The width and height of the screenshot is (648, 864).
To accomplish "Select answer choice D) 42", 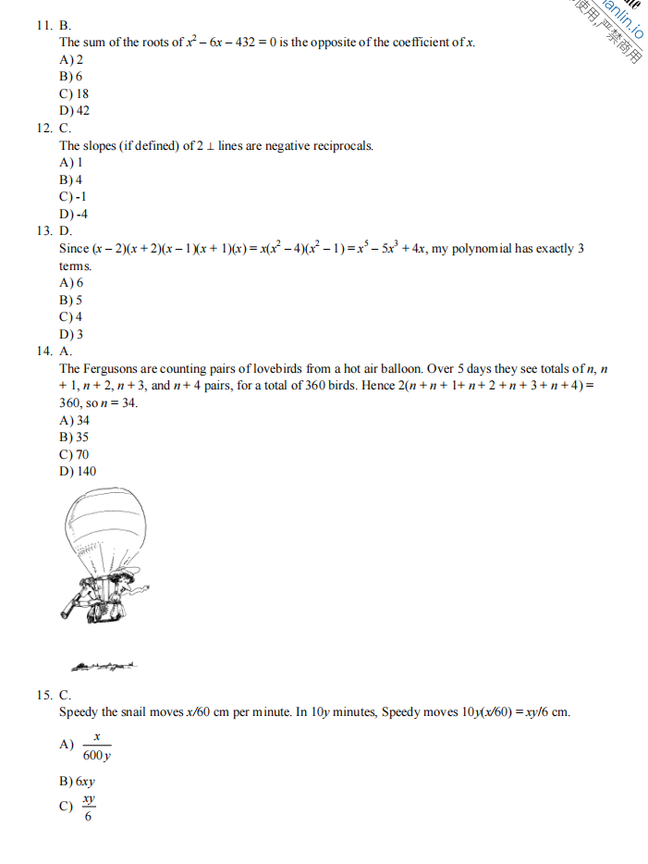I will pyautogui.click(x=75, y=111).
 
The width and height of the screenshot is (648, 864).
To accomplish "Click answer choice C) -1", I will pyautogui.click(x=73, y=197).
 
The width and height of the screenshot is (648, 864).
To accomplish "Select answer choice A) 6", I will pyautogui.click(x=71, y=283).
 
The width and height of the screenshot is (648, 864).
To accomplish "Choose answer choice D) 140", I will pyautogui.click(x=78, y=472).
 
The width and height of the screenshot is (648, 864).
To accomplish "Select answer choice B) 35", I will pyautogui.click(x=74, y=438).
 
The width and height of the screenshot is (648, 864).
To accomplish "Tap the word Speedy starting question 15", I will pyautogui.click(x=79, y=712).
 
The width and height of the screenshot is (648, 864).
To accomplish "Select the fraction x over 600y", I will pyautogui.click(x=96, y=746).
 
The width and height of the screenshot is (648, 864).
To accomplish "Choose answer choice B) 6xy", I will pyautogui.click(x=78, y=782).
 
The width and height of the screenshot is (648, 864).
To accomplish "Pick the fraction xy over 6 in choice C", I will pyautogui.click(x=88, y=807).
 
